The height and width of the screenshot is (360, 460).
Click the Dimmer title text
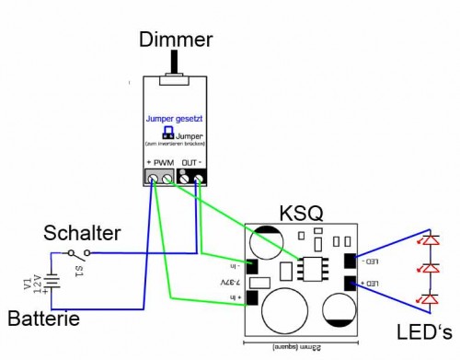[175, 39]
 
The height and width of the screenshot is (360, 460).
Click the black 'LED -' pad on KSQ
[351, 261]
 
